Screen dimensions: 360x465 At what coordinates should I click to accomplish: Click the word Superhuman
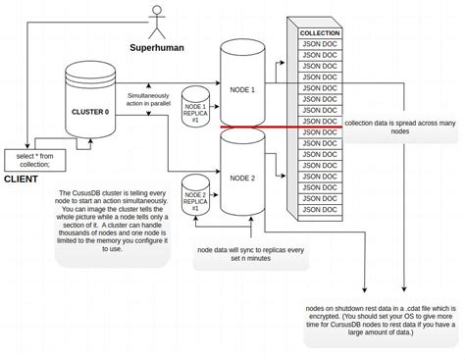pos(159,47)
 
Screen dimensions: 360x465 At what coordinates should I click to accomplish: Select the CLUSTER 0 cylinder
pos(91,108)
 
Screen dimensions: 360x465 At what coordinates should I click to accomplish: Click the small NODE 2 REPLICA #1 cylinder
pos(196,201)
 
